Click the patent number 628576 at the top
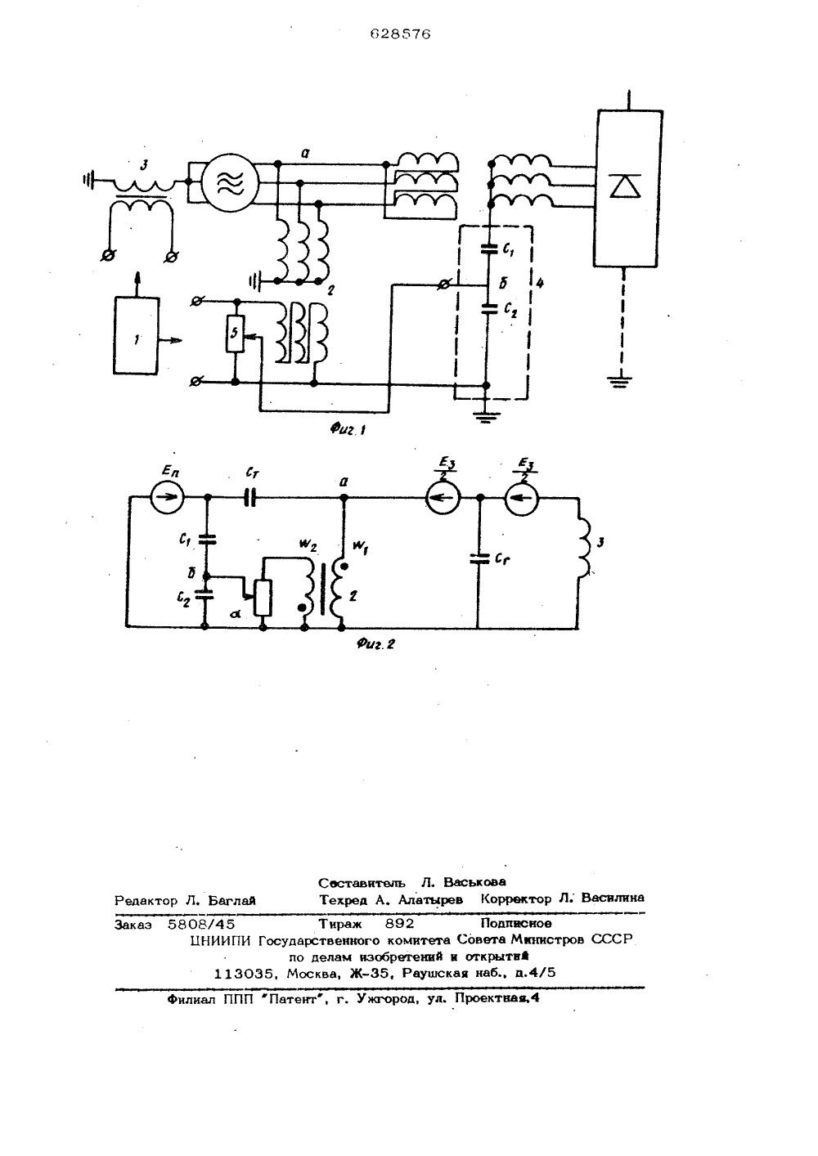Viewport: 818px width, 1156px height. click(400, 34)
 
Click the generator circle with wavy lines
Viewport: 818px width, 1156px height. click(229, 182)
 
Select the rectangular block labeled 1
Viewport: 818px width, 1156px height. click(136, 335)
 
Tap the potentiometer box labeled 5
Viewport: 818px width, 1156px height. click(235, 334)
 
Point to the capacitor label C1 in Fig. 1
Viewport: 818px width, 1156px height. click(508, 250)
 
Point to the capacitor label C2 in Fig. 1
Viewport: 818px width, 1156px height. click(510, 310)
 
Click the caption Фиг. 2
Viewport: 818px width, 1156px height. click(375, 643)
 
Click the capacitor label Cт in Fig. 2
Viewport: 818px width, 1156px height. click(252, 473)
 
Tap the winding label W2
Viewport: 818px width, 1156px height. click(308, 545)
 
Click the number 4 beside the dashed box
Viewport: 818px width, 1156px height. click(539, 283)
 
